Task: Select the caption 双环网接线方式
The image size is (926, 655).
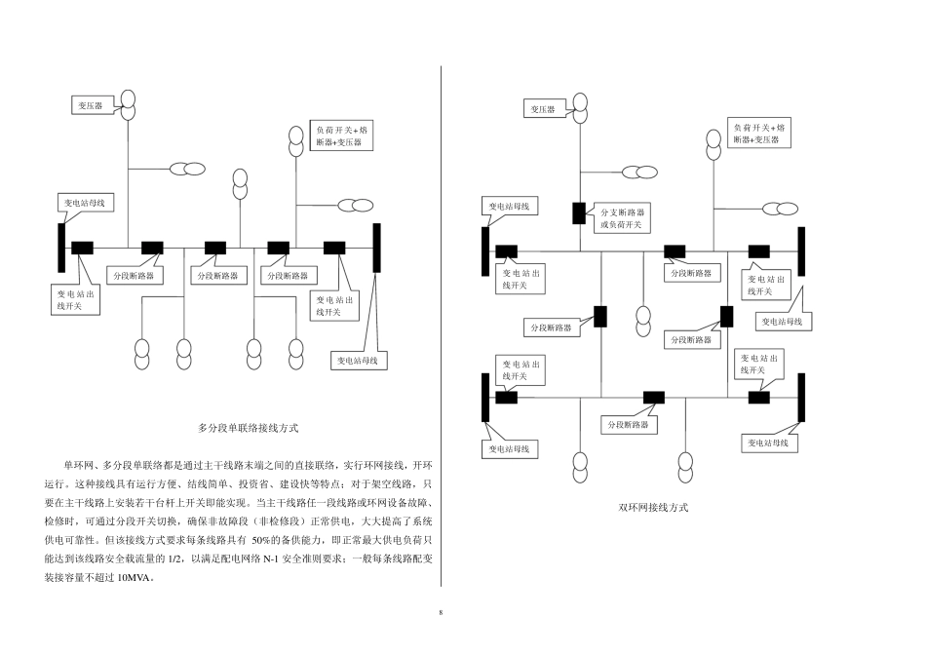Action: point(653,508)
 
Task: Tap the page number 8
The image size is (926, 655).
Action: point(441,613)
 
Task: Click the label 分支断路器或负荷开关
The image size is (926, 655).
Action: point(622,217)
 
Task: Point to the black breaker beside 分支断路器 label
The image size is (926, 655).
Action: point(580,212)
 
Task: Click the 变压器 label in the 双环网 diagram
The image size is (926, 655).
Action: point(543,110)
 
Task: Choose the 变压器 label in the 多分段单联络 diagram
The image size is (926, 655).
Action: point(94,103)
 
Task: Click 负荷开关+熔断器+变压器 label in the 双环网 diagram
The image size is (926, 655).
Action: point(760,135)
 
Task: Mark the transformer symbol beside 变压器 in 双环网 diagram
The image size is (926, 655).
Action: point(581,107)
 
